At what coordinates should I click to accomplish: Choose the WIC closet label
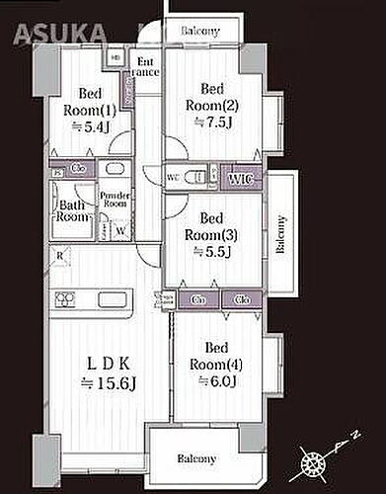[238, 178]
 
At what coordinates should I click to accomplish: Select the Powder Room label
[116, 197]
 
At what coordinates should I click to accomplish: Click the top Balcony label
[200, 32]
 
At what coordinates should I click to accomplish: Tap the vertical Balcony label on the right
[280, 234]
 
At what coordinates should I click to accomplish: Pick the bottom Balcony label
[197, 458]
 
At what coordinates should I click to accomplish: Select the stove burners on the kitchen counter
[66, 299]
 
